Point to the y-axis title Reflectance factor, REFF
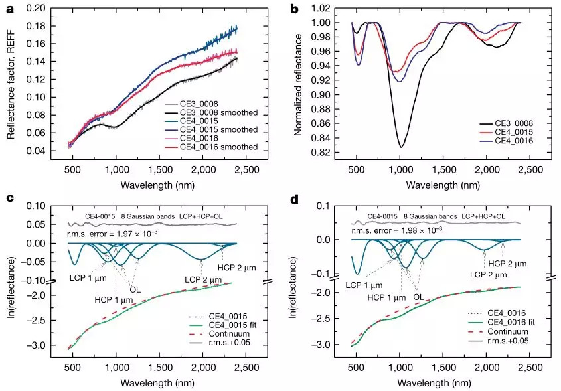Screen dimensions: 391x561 point(11,81)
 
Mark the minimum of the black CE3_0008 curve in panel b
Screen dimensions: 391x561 point(401,147)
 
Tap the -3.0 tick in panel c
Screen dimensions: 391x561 point(50,345)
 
